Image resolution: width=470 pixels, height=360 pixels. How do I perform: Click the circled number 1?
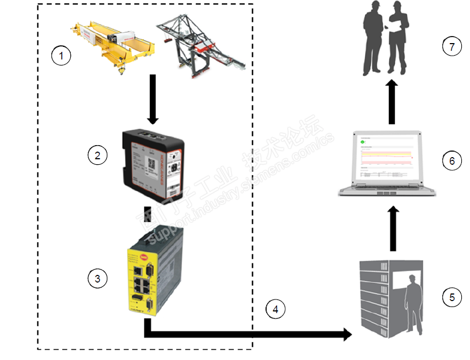pos(61,56)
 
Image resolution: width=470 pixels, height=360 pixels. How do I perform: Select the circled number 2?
pos(98,155)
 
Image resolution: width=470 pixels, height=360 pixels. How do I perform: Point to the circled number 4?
pos(275,310)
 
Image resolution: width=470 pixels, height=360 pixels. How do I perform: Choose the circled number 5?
pos(452,297)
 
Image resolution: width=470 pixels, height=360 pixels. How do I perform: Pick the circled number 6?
pos(452,161)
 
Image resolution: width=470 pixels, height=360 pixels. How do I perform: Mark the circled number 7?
pos(452,47)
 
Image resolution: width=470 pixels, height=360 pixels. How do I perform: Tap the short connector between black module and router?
pos(147,213)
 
